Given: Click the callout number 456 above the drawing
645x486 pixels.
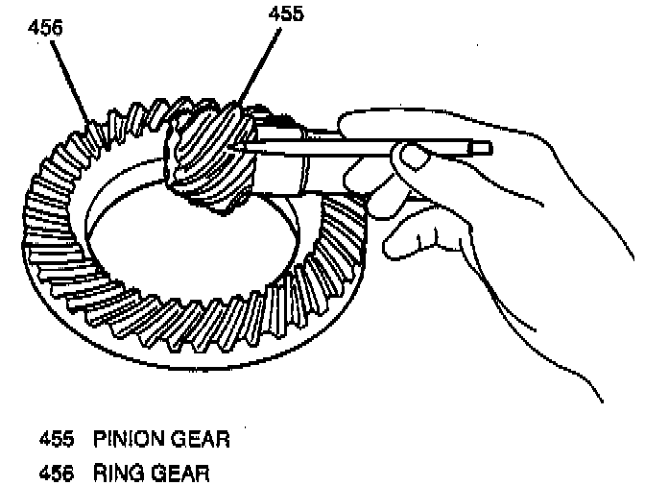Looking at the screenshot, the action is tap(45, 28).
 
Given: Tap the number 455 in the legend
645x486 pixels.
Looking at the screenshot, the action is tap(57, 440).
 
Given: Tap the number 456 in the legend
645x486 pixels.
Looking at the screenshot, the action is tap(57, 472).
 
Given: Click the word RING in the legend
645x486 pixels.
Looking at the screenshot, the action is tap(116, 472).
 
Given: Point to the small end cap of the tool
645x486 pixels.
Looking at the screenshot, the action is tap(483, 148).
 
